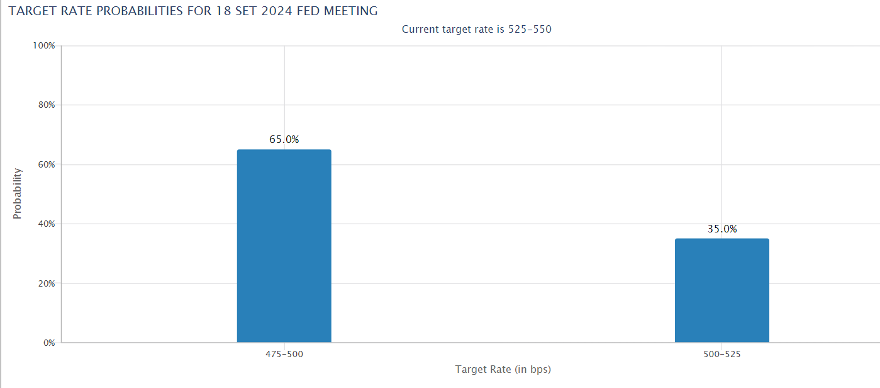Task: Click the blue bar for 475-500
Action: [x=284, y=246]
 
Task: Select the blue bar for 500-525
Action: [x=721, y=290]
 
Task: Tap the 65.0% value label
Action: [x=284, y=140]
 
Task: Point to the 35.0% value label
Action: [x=722, y=229]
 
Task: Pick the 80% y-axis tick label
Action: [x=47, y=105]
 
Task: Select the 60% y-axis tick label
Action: [x=47, y=164]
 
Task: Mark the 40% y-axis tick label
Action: [x=47, y=224]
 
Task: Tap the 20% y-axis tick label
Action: [x=47, y=283]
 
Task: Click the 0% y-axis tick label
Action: [x=49, y=343]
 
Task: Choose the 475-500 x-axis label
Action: [x=284, y=355]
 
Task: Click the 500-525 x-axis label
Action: [x=722, y=355]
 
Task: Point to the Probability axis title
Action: [x=18, y=193]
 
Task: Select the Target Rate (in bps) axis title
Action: [x=503, y=370]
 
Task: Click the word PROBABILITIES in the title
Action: [x=142, y=11]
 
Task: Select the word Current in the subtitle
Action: [x=421, y=29]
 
